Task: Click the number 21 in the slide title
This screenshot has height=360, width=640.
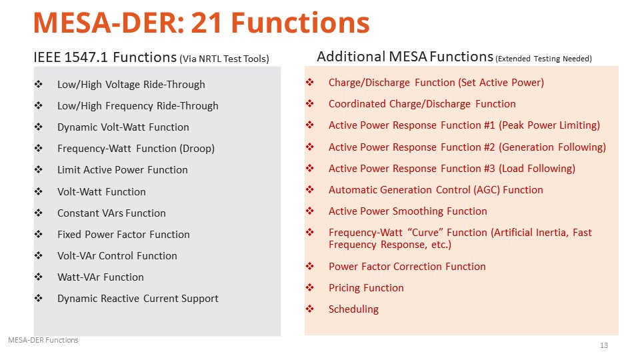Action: [207, 23]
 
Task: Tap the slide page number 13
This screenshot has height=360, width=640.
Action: [604, 345]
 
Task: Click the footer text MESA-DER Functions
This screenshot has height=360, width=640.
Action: [43, 340]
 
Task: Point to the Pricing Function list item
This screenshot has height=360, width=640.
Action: [366, 288]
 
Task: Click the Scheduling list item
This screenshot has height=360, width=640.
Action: [353, 309]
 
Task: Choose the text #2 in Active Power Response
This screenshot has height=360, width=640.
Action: [489, 147]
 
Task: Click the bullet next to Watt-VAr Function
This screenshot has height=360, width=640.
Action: [39, 277]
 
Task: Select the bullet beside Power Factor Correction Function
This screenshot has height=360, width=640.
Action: [310, 266]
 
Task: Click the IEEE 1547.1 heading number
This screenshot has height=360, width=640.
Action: [86, 57]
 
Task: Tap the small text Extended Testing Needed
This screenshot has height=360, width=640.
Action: [544, 59]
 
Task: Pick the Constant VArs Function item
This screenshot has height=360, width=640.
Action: [111, 213]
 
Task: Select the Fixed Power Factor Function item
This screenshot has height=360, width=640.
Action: [123, 234]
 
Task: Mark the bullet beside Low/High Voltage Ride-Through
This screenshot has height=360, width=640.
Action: [39, 84]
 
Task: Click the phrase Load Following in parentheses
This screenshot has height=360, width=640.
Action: [537, 169]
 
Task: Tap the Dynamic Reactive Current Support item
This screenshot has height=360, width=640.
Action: [138, 299]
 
